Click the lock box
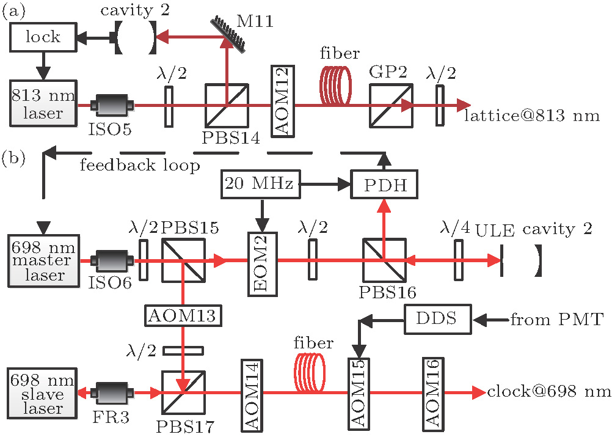(43, 37)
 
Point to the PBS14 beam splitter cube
(227, 105)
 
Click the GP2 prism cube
(391, 105)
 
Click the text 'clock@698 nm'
(548, 392)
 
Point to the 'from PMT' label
(556, 318)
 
